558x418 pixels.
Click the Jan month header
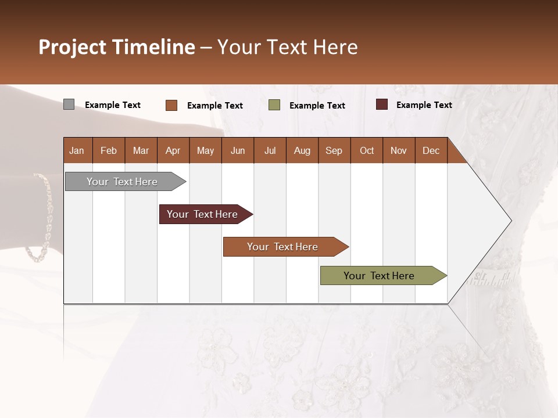77,151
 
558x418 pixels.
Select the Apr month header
173,151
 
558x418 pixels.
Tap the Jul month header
270,151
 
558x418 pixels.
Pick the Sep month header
334,151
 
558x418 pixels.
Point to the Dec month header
431,151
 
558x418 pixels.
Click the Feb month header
109,151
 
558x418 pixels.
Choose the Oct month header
367,151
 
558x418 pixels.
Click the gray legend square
69,105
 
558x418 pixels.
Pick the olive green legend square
274,105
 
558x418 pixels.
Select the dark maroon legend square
381,105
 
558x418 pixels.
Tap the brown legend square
171,105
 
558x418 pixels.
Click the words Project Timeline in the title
117,47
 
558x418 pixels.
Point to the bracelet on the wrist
41,218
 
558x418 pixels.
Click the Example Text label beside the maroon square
424,105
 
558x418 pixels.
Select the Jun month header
238,151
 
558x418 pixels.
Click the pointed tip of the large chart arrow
510,221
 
